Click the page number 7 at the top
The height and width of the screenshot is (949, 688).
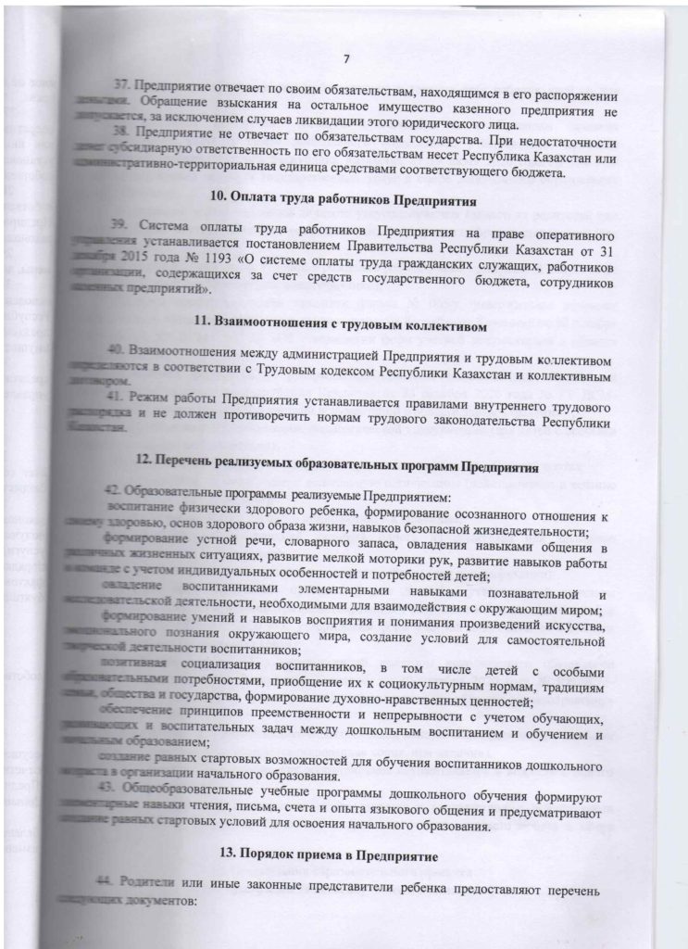(344, 60)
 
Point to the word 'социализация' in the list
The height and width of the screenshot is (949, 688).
(229, 670)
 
